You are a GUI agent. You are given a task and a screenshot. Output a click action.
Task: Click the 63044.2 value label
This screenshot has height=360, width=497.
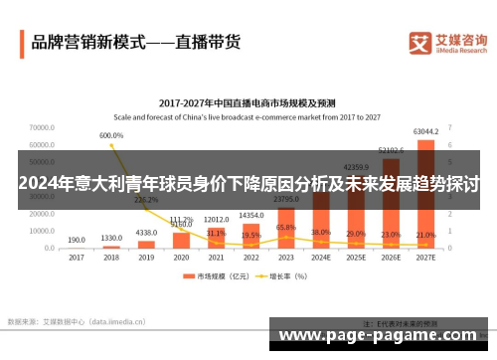[x=426, y=131]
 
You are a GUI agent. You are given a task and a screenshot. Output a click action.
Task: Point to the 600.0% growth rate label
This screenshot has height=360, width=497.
[x=111, y=135]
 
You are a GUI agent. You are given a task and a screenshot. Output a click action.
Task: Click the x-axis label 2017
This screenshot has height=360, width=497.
[x=77, y=258]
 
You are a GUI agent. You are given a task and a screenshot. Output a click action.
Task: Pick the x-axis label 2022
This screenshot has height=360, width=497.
[x=250, y=258]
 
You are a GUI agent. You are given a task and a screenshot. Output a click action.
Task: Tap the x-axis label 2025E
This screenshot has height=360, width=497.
[x=356, y=258]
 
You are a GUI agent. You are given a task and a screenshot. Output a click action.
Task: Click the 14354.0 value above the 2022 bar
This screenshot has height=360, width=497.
[x=250, y=216]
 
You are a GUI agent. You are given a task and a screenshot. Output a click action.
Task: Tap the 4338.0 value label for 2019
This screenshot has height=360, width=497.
[x=146, y=232]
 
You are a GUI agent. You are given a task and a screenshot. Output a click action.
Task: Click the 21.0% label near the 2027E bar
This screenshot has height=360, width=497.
[x=425, y=235]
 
